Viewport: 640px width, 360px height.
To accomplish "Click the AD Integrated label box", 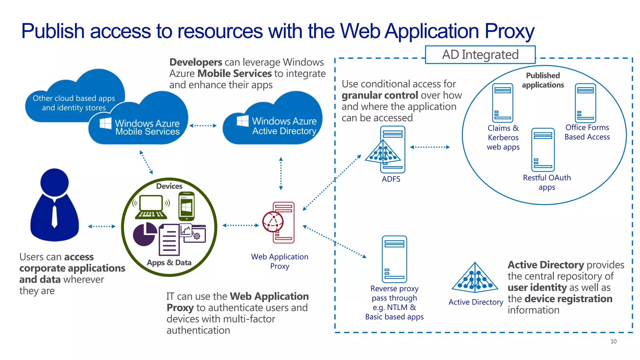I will [480, 55].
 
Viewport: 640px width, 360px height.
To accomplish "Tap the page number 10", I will [613, 341].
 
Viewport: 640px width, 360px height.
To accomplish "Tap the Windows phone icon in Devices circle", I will [187, 207].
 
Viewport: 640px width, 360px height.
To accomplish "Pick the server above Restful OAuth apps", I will [543, 150].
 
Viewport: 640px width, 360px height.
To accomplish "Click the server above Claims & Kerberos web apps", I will [502, 103].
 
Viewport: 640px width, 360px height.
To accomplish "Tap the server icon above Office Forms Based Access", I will [585, 103].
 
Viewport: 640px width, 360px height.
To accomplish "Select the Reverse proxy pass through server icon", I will [394, 259].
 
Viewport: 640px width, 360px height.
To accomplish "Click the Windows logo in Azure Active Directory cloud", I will [242, 121].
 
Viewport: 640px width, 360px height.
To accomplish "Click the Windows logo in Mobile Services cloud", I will [105, 123].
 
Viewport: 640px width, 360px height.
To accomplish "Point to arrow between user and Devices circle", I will [102, 226].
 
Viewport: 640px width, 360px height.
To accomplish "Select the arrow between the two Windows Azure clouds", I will [203, 126].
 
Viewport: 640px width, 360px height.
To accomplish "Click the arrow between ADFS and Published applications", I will [430, 147].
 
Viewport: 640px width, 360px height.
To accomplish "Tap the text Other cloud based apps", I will [74, 98].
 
